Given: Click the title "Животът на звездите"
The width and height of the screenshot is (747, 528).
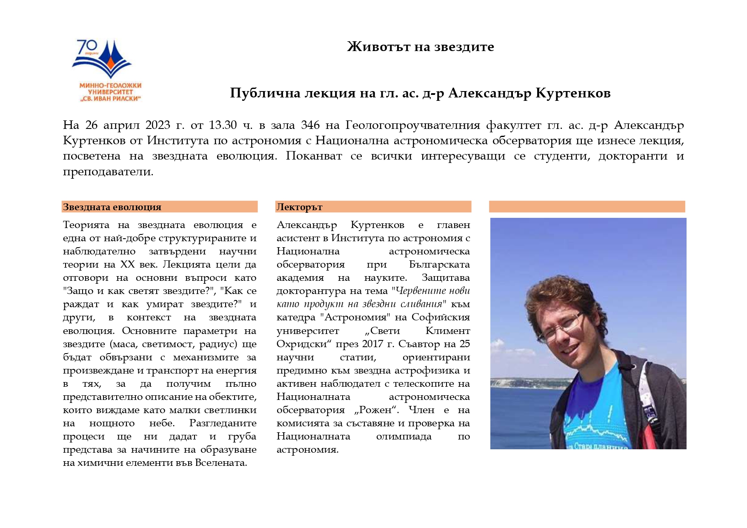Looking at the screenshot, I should click(x=420, y=46).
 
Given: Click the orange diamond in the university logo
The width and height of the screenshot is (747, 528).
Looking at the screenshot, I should click(x=110, y=64).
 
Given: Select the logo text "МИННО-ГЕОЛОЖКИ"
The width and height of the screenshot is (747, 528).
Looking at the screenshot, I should click(x=110, y=86).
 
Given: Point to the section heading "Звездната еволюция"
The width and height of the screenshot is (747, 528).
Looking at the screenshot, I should click(x=112, y=207).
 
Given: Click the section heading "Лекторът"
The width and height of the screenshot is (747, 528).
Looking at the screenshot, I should click(x=299, y=207).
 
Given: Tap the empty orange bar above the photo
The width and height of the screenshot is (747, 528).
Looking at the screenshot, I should click(x=587, y=207).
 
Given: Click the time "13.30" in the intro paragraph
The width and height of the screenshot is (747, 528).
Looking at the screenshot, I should click(x=223, y=125).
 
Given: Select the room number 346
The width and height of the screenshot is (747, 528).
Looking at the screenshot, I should click(x=310, y=125).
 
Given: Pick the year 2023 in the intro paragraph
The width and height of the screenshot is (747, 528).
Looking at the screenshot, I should click(x=159, y=125).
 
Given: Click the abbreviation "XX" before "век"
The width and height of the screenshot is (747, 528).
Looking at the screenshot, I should click(x=127, y=265).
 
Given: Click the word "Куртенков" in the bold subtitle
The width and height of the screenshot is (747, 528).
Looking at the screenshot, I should click(x=573, y=93).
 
